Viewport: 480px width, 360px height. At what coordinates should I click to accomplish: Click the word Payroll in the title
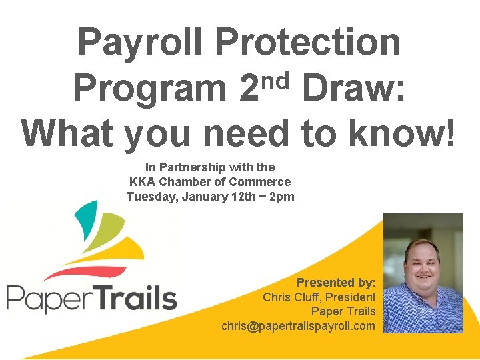pyautogui.click(x=141, y=42)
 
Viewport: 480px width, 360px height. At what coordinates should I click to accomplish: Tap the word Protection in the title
pyautogui.click(x=308, y=42)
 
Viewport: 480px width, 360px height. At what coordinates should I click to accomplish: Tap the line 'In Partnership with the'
pyautogui.click(x=210, y=167)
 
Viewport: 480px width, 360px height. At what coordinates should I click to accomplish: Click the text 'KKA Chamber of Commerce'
pyautogui.click(x=210, y=182)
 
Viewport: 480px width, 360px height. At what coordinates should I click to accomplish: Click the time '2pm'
pyautogui.click(x=279, y=197)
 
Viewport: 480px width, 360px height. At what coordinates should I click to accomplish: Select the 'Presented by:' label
pyautogui.click(x=336, y=282)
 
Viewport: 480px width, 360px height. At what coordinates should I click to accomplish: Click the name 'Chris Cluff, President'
pyautogui.click(x=319, y=297)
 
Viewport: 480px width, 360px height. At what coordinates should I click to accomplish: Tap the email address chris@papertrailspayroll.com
pyautogui.click(x=299, y=326)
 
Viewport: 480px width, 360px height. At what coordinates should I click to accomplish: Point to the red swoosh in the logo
pyautogui.click(x=87, y=273)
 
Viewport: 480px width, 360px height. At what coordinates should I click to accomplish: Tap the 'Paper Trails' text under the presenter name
pyautogui.click(x=343, y=311)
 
